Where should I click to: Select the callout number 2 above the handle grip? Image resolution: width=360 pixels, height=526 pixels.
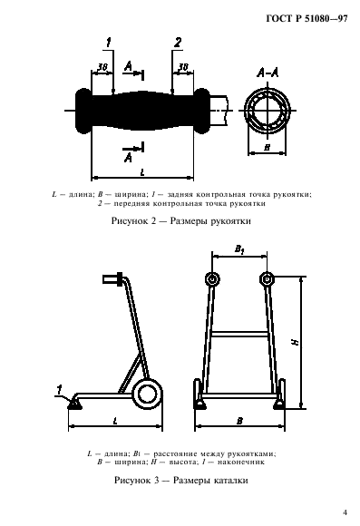coord(178,43)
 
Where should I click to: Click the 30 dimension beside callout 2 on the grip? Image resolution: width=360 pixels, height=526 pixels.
coord(183,66)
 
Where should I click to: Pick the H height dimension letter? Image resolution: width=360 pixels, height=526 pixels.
coord(308,343)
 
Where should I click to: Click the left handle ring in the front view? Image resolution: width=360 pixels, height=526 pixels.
coord(213,279)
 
